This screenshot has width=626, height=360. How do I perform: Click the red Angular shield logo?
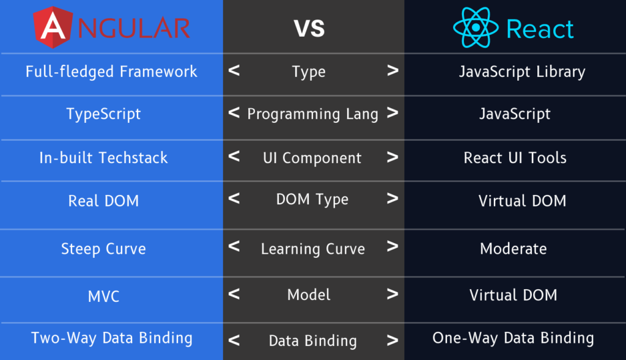53,27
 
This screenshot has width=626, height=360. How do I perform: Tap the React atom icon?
476,28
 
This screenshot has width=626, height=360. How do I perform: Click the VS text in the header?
309,28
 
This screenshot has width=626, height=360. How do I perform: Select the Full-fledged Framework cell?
111,72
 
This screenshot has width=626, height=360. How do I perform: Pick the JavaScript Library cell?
522,72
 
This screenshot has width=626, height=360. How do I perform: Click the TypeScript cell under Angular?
103,114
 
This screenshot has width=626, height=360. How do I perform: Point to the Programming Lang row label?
312,114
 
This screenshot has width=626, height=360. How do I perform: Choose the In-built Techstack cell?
103,158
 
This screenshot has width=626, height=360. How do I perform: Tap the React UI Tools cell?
515,158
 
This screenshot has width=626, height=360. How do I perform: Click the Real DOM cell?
103,200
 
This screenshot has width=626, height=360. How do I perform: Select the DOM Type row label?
312,199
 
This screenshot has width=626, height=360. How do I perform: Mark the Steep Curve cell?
103,249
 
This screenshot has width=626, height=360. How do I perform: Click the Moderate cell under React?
514,249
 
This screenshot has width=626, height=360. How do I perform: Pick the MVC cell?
103,296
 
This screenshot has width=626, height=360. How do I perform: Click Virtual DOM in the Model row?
514,295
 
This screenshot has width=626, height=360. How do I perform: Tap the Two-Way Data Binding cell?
112,338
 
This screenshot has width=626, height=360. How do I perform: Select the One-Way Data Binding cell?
514,338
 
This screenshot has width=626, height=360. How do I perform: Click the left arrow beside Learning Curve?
234,246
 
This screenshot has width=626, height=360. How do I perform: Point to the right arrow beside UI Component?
392,157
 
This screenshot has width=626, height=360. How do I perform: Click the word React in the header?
540,29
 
